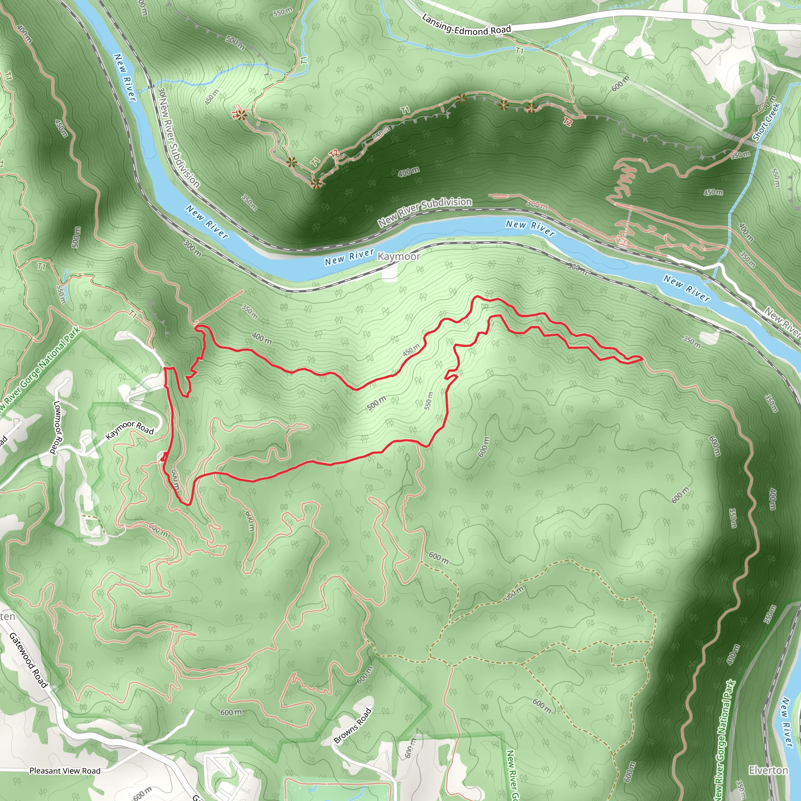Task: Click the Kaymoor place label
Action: [x=399, y=257]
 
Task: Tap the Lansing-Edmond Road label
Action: [x=467, y=25]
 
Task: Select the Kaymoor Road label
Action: [x=130, y=429]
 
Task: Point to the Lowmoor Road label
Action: [x=57, y=427]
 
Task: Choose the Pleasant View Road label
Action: [x=65, y=771]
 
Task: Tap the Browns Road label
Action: [x=352, y=726]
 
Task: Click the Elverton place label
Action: [x=768, y=770]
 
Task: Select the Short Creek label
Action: [x=767, y=122]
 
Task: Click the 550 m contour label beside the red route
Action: [x=429, y=401]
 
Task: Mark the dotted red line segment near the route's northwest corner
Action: [x=219, y=306]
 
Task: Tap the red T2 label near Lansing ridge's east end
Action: [x=568, y=122]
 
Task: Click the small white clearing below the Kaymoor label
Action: [x=389, y=275]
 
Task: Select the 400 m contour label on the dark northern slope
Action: [x=408, y=172]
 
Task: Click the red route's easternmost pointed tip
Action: [x=643, y=358]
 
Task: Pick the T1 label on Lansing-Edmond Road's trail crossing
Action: [x=519, y=51]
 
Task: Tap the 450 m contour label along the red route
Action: [x=411, y=350]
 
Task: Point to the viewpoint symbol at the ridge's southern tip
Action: [x=316, y=183]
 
